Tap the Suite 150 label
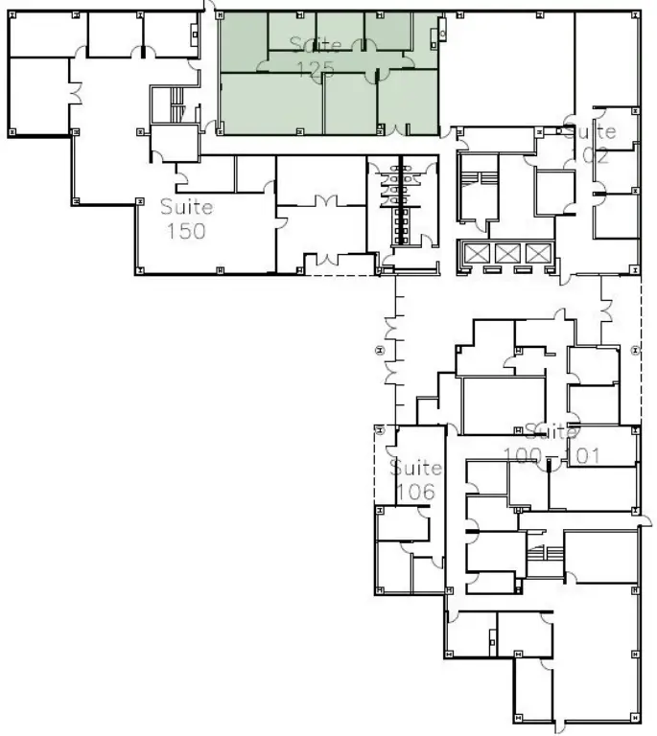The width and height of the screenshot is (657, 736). coord(186,218)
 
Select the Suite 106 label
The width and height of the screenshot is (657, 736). coord(416,480)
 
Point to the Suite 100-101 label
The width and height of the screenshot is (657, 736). coord(551,444)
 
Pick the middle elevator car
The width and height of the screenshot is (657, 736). coord(508,253)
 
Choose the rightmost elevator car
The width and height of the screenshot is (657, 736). coord(539,253)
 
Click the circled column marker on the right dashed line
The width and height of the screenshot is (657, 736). coord(636,351)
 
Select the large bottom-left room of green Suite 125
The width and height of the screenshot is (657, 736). coord(271,103)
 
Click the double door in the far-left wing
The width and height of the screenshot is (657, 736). coord(73,94)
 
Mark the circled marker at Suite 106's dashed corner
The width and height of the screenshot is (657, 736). coord(380,430)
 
